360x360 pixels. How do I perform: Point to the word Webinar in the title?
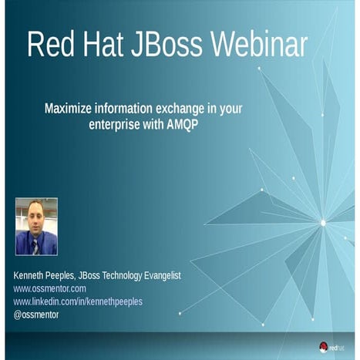tap(259, 45)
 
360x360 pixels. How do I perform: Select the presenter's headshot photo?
tap(36, 227)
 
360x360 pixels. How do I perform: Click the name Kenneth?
tap(32, 275)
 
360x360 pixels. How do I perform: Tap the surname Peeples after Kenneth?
tap(72, 275)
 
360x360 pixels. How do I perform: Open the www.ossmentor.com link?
tap(49, 288)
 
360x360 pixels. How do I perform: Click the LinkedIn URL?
tap(78, 301)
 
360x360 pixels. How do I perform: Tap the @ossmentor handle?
tap(35, 315)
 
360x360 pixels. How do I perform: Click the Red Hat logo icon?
tap(324, 347)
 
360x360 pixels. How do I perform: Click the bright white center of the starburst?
tap(323, 223)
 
